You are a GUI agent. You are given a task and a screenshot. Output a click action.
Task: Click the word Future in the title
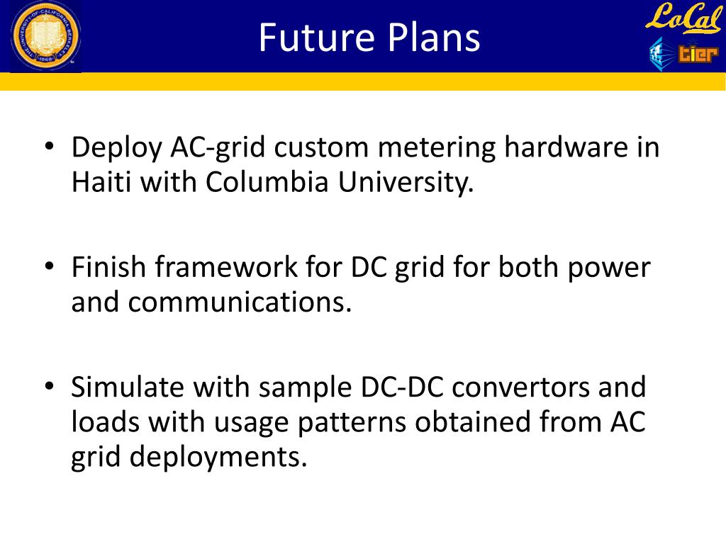point(311,38)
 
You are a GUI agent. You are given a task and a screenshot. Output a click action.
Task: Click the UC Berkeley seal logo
point(45,36)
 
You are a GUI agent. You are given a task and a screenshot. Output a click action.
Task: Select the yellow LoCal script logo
point(682,18)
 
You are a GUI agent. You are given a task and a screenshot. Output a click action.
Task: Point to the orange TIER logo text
point(697,54)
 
